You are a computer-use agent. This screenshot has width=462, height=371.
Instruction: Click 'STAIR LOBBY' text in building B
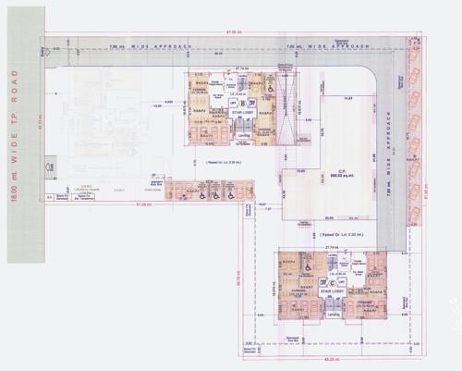pyautogui.click(x=243, y=118)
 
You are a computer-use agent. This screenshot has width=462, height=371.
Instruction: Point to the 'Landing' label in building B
pyautogui.click(x=244, y=136)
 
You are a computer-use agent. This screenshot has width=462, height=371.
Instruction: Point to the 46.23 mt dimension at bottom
pyautogui.click(x=333, y=359)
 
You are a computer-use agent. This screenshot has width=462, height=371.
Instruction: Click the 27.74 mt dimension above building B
pyautogui.click(x=242, y=67)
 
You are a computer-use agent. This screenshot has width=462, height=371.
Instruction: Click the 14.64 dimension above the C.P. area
pyautogui.click(x=349, y=97)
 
